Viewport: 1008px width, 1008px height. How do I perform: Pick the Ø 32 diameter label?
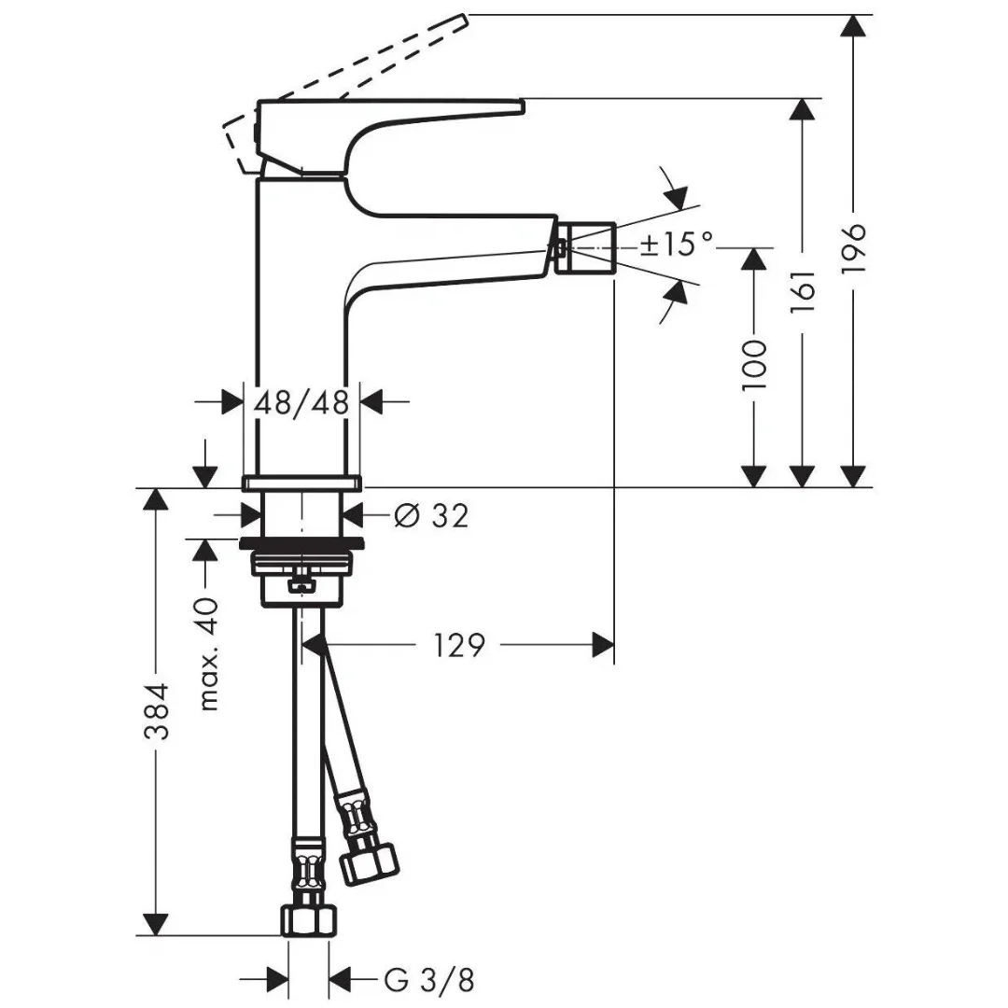tap(431, 514)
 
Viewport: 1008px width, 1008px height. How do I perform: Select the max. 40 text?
tap(209, 654)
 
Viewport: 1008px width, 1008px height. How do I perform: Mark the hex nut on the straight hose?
tap(308, 920)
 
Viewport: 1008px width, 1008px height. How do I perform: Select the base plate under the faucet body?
tap(301, 483)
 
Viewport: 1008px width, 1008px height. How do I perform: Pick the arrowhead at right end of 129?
tap(602, 645)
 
